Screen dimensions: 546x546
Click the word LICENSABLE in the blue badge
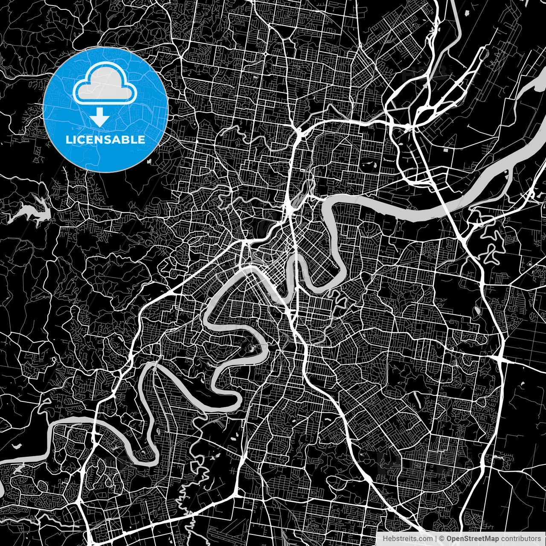105,139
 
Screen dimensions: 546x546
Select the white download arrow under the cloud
100,117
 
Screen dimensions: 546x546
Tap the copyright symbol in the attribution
442,539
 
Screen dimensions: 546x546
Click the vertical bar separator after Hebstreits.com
436,539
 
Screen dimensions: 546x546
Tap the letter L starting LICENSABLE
68,139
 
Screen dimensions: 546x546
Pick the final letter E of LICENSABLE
142,139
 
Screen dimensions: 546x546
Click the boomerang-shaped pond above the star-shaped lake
17,446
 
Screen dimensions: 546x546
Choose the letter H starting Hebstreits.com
385,539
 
